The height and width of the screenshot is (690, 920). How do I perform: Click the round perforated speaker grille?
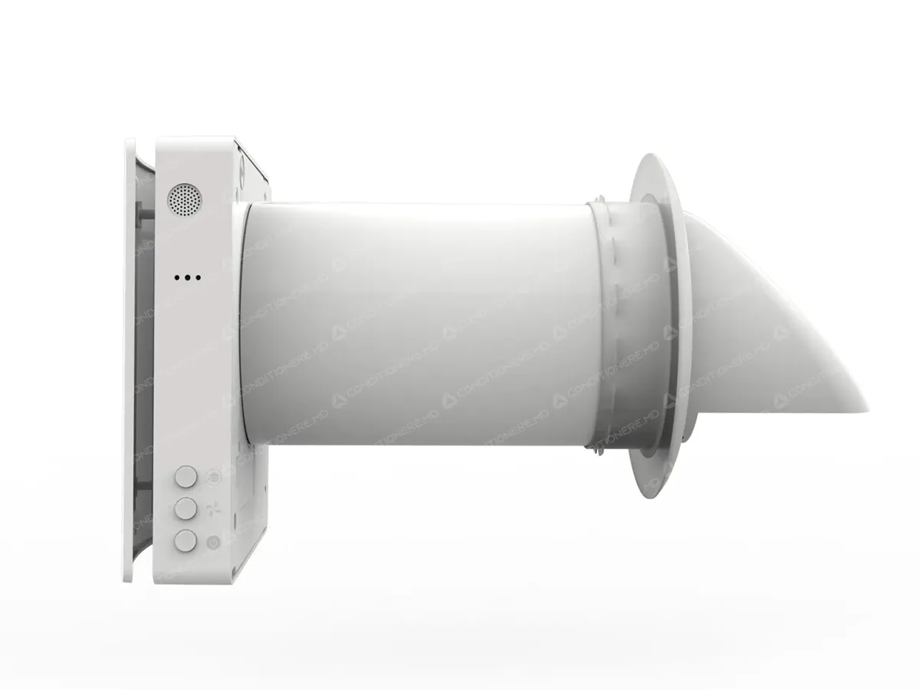point(183,199)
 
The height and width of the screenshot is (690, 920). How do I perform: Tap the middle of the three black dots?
point(188,278)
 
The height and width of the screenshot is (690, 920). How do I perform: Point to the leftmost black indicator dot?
point(178,278)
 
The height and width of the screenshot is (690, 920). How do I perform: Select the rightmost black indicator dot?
point(198,278)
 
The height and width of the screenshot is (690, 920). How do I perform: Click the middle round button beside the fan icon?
point(186,508)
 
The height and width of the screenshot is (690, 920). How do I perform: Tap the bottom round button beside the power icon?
point(186,540)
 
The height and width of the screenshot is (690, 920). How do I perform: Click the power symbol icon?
point(214,542)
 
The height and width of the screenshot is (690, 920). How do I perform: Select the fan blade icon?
point(213,508)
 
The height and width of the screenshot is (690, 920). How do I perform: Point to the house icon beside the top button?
point(213,476)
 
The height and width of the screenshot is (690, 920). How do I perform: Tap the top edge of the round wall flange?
point(648,156)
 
